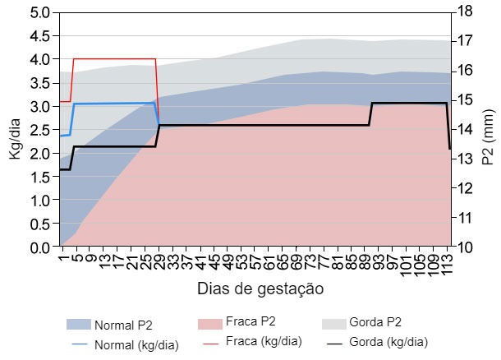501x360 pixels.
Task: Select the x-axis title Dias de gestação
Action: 260,288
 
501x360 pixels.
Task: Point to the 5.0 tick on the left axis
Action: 39,13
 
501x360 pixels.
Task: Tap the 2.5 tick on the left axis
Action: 39,130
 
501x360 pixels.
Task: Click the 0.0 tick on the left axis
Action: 39,247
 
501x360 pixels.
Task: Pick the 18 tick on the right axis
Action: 464,13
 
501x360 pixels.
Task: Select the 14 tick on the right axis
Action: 464,130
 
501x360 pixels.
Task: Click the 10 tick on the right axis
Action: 464,247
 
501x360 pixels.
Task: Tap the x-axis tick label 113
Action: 448,262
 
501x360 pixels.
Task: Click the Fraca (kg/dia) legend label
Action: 264,342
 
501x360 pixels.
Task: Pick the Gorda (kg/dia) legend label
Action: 388,342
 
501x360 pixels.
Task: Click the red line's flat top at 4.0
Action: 115,59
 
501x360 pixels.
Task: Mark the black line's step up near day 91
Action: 371,114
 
